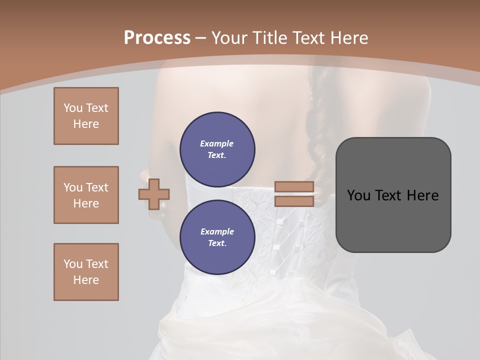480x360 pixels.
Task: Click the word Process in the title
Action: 157,38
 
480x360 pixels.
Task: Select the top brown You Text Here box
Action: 86,116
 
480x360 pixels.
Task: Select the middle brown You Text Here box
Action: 86,195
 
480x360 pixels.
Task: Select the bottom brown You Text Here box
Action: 86,272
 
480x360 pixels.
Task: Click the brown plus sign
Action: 154,194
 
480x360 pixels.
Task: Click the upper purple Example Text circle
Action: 217,149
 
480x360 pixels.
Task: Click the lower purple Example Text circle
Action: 217,237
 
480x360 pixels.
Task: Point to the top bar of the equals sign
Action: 294,187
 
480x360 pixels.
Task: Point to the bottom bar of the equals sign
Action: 294,201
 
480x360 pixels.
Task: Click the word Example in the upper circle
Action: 217,143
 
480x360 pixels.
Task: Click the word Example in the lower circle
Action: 217,231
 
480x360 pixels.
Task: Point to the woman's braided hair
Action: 316,130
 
